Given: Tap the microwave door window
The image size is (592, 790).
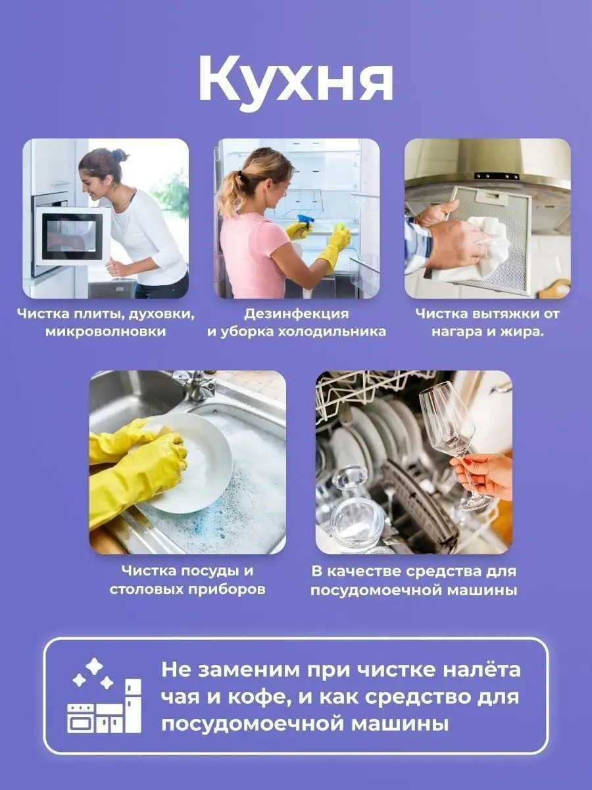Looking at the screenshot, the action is [69, 236].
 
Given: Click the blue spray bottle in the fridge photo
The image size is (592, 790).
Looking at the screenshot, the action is [305, 221].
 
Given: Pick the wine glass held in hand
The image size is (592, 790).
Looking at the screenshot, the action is [453, 439].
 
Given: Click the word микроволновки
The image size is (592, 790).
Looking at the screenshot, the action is [106, 331].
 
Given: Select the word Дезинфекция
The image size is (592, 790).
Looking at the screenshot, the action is [297, 314].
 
